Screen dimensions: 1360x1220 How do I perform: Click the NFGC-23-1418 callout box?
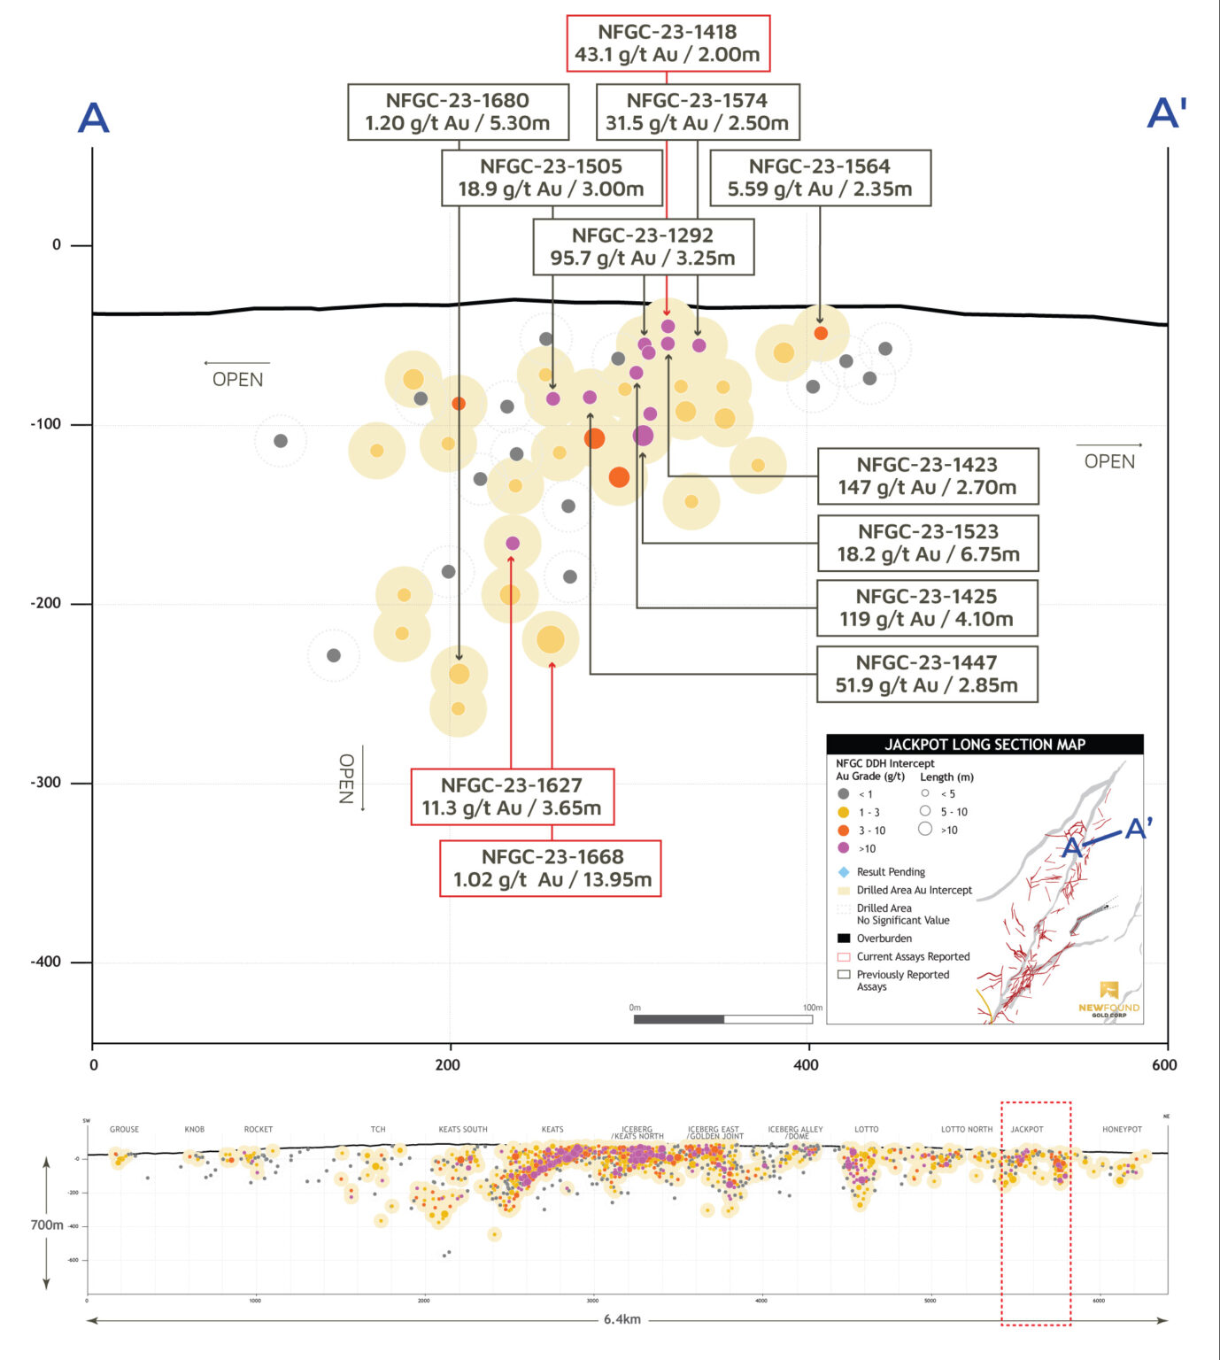(x=668, y=43)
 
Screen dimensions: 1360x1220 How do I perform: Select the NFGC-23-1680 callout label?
(x=458, y=112)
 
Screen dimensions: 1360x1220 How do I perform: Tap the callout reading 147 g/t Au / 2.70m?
(x=927, y=476)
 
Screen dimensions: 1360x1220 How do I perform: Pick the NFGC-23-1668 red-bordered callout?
(x=552, y=869)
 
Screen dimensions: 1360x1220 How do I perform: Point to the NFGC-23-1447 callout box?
(x=926, y=674)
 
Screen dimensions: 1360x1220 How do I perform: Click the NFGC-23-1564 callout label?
(x=820, y=178)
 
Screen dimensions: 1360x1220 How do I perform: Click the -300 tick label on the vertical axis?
(x=46, y=783)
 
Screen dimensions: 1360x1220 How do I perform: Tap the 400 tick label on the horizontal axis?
(x=806, y=1065)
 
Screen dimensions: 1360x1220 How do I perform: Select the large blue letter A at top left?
(x=93, y=118)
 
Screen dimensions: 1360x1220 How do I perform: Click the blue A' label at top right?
(x=1166, y=113)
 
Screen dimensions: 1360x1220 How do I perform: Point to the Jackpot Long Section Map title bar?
(x=984, y=745)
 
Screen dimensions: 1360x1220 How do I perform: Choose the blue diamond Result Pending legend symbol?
(x=844, y=872)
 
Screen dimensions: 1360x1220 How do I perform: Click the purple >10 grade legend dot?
(x=844, y=848)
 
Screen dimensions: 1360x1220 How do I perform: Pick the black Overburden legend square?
(x=844, y=939)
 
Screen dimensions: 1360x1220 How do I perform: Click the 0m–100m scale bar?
(x=722, y=1019)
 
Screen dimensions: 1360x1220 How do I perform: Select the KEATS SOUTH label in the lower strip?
(x=463, y=1130)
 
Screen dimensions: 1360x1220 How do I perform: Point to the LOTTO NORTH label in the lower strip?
(x=966, y=1130)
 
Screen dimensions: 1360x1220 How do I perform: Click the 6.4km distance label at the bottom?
(x=622, y=1319)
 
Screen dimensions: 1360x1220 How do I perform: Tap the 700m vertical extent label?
(x=47, y=1225)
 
